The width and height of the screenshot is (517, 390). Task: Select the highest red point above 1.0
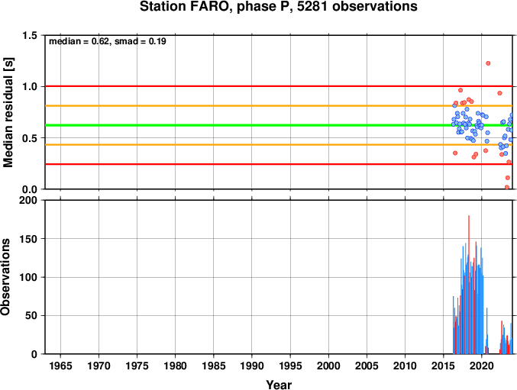click(x=488, y=63)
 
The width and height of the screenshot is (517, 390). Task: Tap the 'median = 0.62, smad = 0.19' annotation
click(x=108, y=41)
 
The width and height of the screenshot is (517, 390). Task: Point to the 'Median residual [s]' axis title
click(x=8, y=112)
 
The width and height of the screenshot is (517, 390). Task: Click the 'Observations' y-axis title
click(x=5, y=277)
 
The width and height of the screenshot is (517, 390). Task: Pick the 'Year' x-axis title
click(x=279, y=385)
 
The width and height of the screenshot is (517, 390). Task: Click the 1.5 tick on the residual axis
click(x=30, y=35)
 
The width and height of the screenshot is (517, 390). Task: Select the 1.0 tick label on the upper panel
click(x=30, y=86)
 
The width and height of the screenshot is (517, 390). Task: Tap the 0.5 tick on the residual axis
click(x=30, y=137)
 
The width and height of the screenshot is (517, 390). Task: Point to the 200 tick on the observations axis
click(x=28, y=200)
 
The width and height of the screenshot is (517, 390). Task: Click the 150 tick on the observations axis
click(x=28, y=238)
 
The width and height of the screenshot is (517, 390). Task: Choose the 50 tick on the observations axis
click(x=31, y=315)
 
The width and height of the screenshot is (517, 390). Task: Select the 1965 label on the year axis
click(x=60, y=366)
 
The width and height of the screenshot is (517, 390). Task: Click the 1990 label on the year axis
click(x=252, y=366)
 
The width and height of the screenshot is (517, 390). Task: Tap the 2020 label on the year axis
click(x=482, y=366)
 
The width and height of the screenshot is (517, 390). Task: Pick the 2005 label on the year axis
click(x=367, y=366)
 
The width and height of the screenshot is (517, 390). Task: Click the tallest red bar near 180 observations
click(x=469, y=285)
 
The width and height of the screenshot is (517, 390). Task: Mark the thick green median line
click(x=279, y=125)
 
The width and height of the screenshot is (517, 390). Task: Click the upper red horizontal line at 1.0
click(x=279, y=86)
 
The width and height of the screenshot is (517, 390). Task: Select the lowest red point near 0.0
click(x=507, y=187)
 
